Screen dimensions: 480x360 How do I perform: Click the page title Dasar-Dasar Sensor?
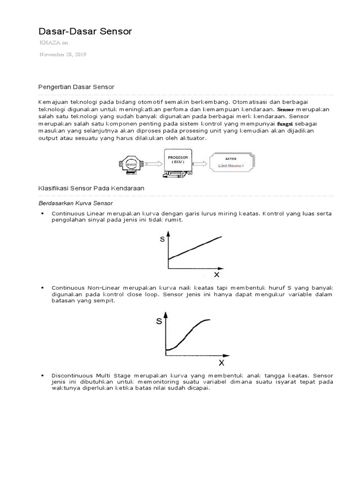pyautogui.click(x=85, y=31)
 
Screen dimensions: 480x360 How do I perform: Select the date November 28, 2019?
pyautogui.click(x=63, y=54)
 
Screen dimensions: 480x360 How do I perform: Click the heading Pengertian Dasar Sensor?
pyautogui.click(x=76, y=87)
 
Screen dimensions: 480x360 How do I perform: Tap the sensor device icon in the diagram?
pyautogui.click(x=130, y=165)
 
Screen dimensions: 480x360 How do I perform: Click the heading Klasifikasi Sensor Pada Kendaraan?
pyautogui.click(x=90, y=188)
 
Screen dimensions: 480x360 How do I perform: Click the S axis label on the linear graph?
pyautogui.click(x=162, y=240)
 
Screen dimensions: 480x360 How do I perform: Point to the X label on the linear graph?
pyautogui.click(x=216, y=274)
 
